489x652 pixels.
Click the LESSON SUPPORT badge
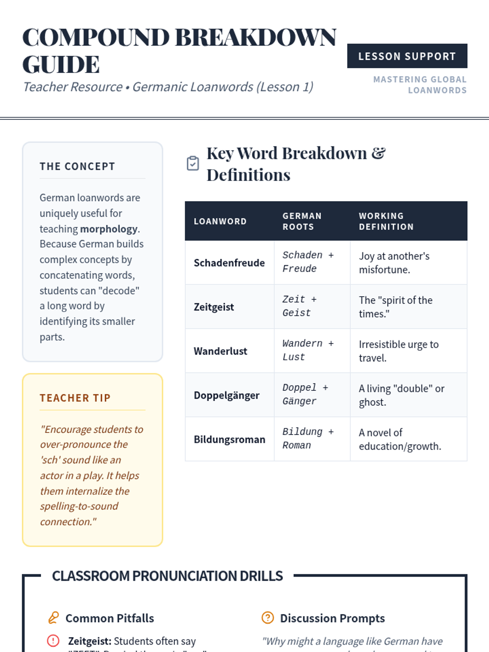407,56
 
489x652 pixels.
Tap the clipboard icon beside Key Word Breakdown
193,163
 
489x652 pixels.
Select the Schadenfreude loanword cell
229,263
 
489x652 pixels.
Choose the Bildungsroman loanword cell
229,439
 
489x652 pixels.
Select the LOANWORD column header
220,221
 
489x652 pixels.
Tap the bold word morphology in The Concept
109,229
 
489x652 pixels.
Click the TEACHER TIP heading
75,398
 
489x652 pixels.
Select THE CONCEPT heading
77,166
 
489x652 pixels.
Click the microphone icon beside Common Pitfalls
53,618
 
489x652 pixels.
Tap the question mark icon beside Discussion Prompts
268,618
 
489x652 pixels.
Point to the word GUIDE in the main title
61,64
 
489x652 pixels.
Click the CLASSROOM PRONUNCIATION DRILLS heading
167,576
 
